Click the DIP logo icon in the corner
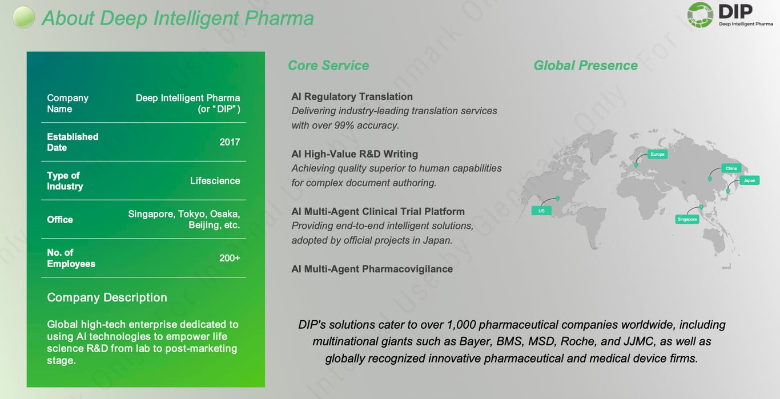(699, 15)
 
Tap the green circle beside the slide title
(24, 17)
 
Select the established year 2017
(230, 142)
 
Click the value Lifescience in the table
(215, 181)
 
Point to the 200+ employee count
(230, 258)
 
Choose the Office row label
(60, 220)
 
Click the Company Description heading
(107, 297)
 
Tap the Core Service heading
(328, 66)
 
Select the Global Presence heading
(585, 66)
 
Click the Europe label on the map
(657, 155)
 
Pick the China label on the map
(731, 168)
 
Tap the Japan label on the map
(749, 180)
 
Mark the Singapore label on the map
(687, 219)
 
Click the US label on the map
(541, 211)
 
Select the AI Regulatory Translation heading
(352, 96)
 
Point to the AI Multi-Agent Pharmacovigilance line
(372, 269)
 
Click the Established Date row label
(73, 142)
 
